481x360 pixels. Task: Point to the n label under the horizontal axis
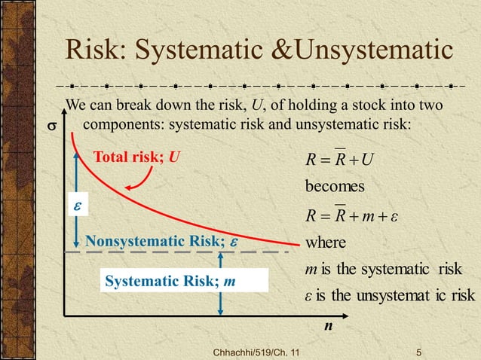tap(328, 328)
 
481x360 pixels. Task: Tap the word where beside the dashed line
tap(326, 243)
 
